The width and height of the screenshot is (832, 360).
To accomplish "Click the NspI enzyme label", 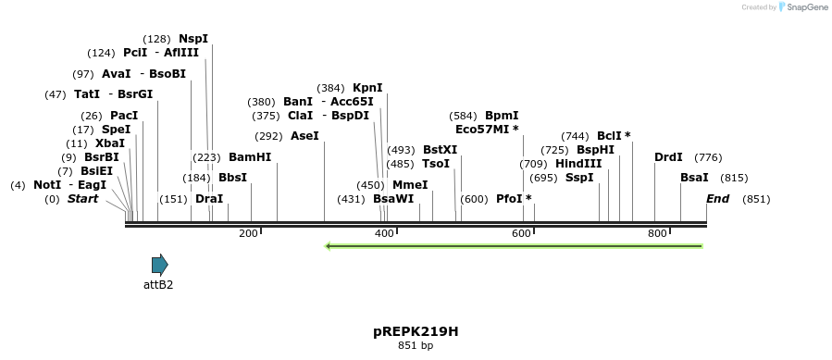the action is coord(193,39).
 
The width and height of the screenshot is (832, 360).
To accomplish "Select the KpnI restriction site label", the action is coord(367,88).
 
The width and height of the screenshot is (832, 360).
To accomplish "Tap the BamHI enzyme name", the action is coord(250,157).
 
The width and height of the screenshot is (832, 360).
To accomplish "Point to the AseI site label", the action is coord(304,136).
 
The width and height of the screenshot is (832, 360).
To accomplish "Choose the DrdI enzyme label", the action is coord(668,157).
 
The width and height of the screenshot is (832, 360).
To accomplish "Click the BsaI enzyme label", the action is coord(694,178).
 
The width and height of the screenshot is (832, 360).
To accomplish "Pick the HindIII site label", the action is coord(578,164).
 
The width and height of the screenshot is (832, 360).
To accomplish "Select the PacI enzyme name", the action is coord(123,116).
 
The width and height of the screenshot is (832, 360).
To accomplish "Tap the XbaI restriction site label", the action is coord(109,143).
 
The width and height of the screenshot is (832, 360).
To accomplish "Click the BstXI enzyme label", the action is coord(440,150).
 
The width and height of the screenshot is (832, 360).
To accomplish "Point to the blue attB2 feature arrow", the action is coord(159,266).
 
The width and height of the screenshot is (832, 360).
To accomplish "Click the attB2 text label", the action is coord(158,285).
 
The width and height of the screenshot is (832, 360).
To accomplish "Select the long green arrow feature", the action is coord(514,246).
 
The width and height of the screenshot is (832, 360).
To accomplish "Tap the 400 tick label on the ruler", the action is coord(384,234).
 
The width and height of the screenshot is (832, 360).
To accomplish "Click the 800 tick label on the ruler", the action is coord(657,234).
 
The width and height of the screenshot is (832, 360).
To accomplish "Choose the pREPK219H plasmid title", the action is coord(416,330).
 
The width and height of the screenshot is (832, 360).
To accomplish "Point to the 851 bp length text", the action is coord(416,346).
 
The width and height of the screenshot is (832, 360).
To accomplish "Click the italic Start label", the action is coord(82,199).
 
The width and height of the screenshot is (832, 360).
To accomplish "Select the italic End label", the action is coord(717,199).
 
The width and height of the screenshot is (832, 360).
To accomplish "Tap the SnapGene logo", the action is coord(802,7).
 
